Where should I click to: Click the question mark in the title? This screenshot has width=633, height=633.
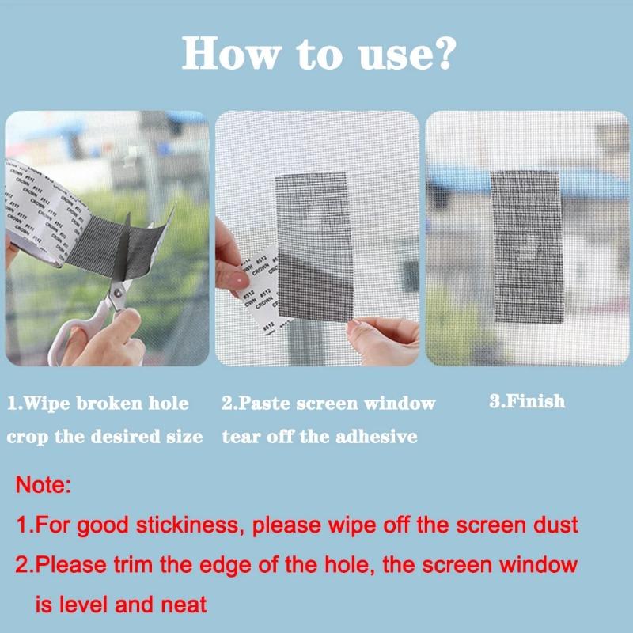coord(442,54)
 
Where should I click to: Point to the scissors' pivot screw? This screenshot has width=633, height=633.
coord(116,294)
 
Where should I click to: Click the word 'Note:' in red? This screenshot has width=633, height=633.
coord(44,485)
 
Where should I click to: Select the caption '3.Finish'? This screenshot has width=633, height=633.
coord(527,401)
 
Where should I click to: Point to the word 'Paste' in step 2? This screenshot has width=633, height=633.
coord(267,404)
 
